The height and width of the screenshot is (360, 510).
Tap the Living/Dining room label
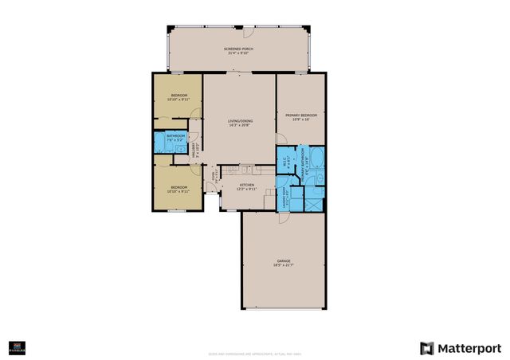pyautogui.click(x=239, y=123)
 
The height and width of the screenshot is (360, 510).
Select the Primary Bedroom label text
pyautogui.click(x=300, y=117)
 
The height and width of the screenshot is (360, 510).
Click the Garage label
pyautogui.click(x=284, y=262)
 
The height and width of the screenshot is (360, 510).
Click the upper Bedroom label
pyautogui.click(x=178, y=98)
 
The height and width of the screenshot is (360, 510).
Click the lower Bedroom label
pyautogui.click(x=178, y=189)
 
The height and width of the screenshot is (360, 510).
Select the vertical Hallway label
pyautogui.click(x=195, y=151)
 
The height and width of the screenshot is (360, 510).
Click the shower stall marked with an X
pyautogui.click(x=316, y=200)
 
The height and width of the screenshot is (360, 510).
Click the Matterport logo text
pyautogui.click(x=461, y=347)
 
